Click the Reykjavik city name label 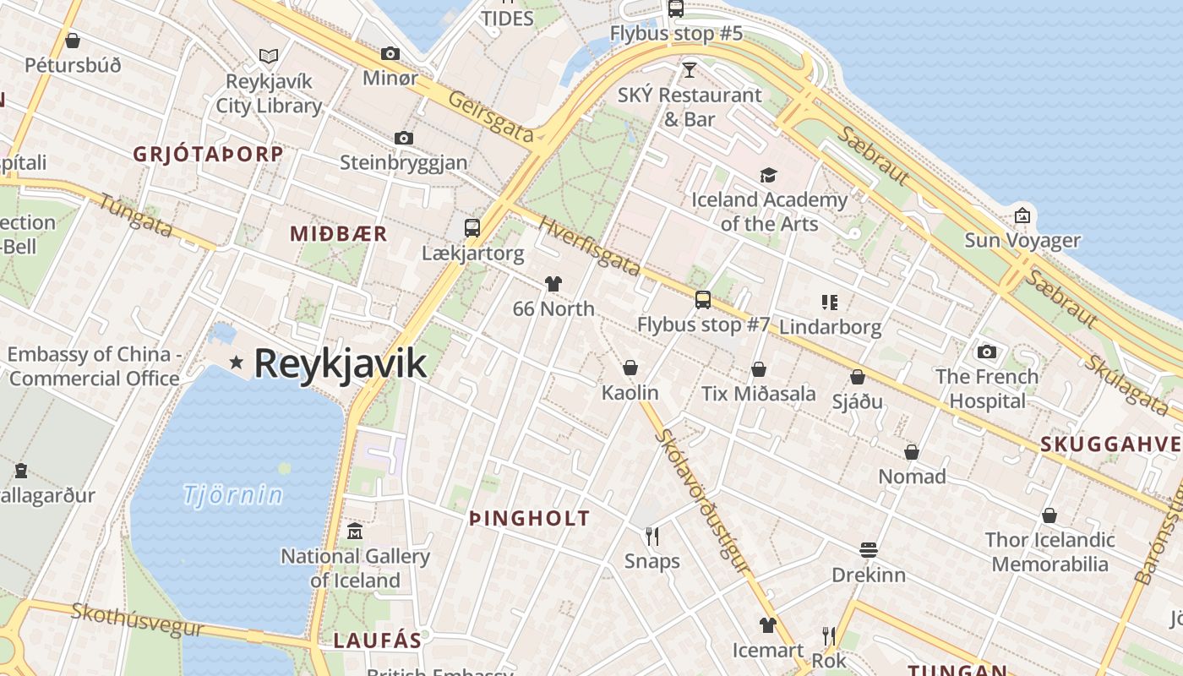coord(340,363)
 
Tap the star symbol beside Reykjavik coord(237,363)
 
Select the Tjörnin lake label coord(232,493)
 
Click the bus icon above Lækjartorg coord(472,227)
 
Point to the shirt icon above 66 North coord(553,284)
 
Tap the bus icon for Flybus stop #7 coord(702,299)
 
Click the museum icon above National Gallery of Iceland coord(355,532)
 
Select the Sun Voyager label coord(1022,241)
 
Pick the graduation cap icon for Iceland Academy coord(768,175)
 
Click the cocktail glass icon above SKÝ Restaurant coord(690,69)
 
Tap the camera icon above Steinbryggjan coord(404,138)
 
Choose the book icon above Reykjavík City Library coord(269,56)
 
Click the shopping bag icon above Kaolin coord(630,368)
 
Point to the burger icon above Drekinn coord(869,550)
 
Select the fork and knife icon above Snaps coord(651,536)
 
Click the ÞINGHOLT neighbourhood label coord(530,519)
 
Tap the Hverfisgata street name coord(589,247)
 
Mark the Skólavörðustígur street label coord(702,500)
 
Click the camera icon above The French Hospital coord(986,352)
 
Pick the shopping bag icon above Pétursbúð coord(73,40)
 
